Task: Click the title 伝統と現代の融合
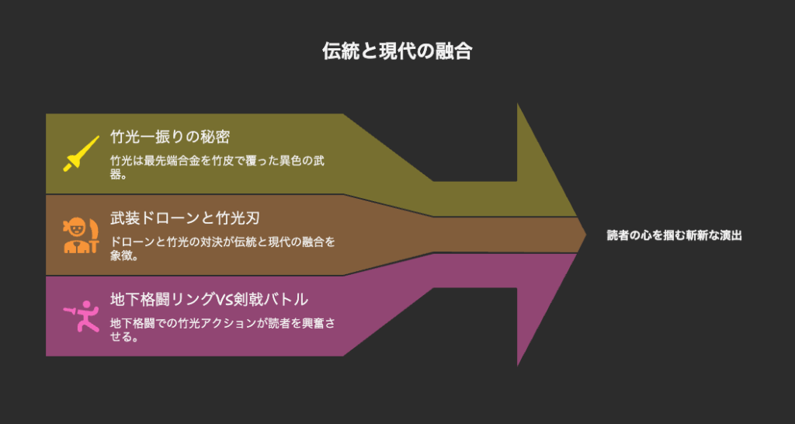coord(397,51)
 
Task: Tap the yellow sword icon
coord(81,154)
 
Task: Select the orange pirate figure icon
coord(81,235)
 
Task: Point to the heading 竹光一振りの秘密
coord(170,137)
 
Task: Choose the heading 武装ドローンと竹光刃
coord(186,217)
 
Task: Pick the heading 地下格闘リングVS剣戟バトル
coord(209,299)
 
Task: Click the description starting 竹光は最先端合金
coord(218,168)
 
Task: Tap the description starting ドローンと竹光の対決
coord(223,248)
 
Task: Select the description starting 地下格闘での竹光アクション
coord(223,330)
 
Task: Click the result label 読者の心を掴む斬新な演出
coord(675,235)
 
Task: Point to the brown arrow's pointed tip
coord(586,235)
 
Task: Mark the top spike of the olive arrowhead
coord(517,103)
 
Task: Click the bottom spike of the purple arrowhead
coord(517,366)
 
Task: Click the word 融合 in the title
coord(453,51)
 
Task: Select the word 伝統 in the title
coord(341,51)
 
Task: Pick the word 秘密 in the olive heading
coord(216,137)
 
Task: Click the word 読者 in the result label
coord(618,235)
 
